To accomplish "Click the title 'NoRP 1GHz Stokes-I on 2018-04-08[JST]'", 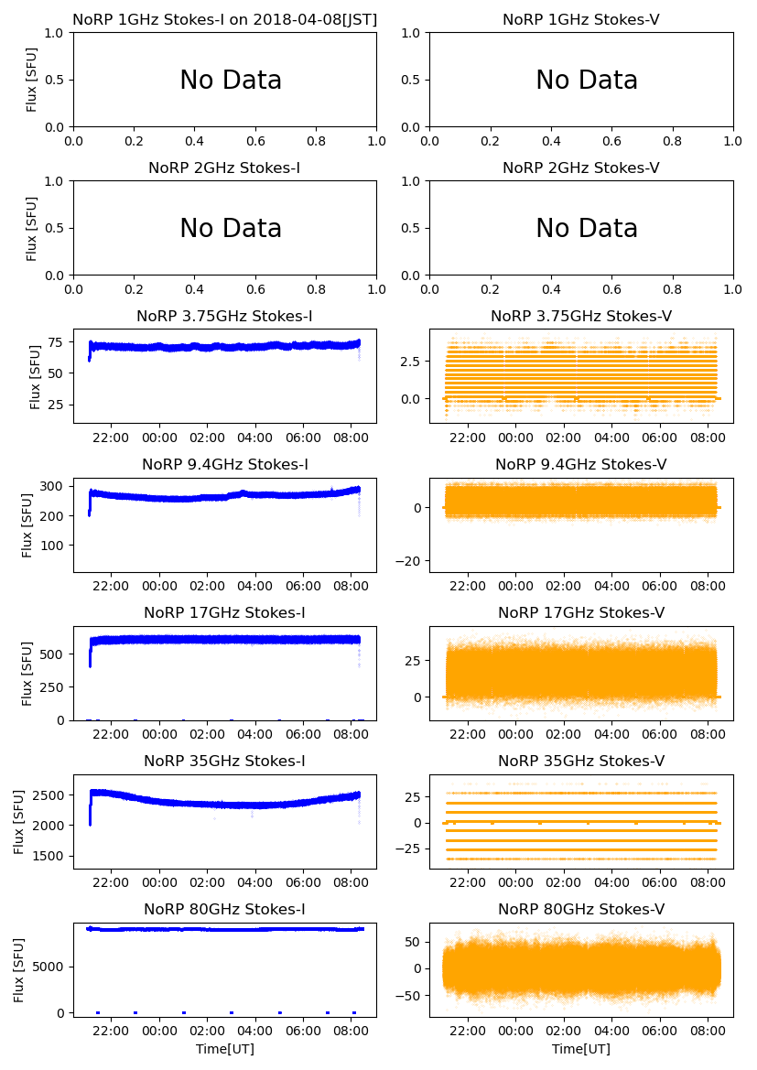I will pos(224,19).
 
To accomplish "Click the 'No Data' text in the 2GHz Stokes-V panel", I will pos(586,228).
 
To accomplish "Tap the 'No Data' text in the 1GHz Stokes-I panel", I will pos(231,81).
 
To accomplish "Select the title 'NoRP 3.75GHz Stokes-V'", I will pos(581,316).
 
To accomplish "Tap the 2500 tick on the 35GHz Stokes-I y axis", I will pos(50,794).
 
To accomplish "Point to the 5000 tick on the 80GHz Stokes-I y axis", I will pos(50,966).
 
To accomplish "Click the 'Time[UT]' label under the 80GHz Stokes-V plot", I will pos(581,1049).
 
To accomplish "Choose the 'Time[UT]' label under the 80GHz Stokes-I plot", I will pos(225,1049).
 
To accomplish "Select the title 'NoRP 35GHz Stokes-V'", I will pos(581,761).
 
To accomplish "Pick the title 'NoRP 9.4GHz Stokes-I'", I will pos(224,464).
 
